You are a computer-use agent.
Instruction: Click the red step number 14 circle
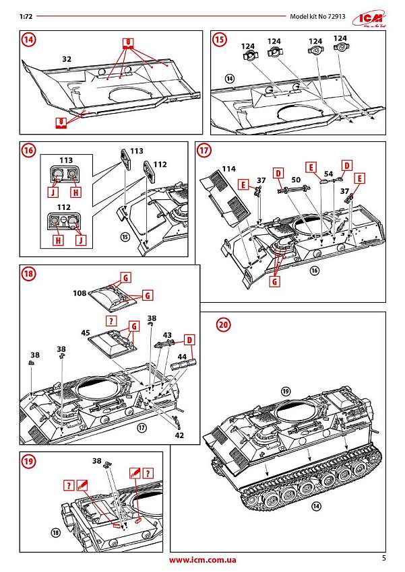pyautogui.click(x=28, y=40)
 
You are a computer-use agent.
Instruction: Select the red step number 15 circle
pyautogui.click(x=220, y=40)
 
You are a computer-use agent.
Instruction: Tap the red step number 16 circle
pyautogui.click(x=28, y=150)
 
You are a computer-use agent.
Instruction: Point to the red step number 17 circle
pyautogui.click(x=204, y=150)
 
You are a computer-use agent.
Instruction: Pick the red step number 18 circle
pyautogui.click(x=28, y=274)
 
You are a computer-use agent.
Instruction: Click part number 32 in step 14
pyautogui.click(x=67, y=59)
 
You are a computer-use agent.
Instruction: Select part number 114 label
pyautogui.click(x=229, y=168)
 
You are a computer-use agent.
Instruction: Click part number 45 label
pyautogui.click(x=86, y=332)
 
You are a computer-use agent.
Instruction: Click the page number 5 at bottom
pyautogui.click(x=383, y=558)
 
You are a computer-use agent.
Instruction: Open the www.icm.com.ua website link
pyautogui.click(x=202, y=560)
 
